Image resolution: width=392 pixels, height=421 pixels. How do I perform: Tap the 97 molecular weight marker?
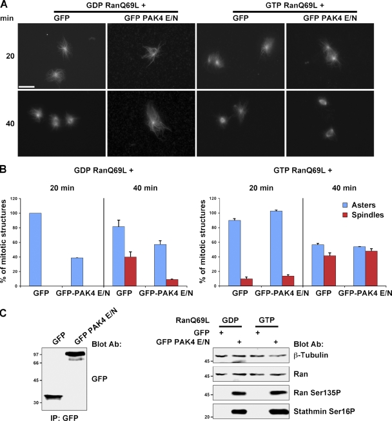point(19,354)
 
